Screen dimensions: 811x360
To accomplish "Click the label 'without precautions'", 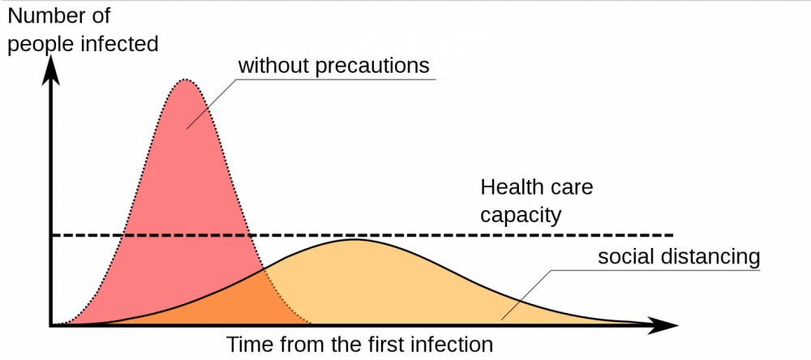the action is pyautogui.click(x=333, y=66).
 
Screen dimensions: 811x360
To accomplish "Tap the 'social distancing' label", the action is pyautogui.click(x=679, y=256).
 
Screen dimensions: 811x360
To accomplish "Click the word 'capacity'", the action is pyautogui.click(x=521, y=215).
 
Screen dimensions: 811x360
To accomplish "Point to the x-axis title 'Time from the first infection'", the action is pyautogui.click(x=359, y=344).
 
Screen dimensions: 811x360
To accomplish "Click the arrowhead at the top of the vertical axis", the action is pyautogui.click(x=50, y=70).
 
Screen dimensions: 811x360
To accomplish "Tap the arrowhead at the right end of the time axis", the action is pyautogui.click(x=661, y=325).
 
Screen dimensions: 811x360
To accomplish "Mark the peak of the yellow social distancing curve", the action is pyautogui.click(x=355, y=239).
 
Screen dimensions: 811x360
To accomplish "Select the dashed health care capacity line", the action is pyautogui.click(x=362, y=235).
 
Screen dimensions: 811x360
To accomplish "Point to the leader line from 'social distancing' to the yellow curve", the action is pyautogui.click(x=526, y=294).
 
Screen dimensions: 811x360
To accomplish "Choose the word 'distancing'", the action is pyautogui.click(x=710, y=256).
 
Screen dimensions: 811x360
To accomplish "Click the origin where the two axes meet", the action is pyautogui.click(x=50, y=325).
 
